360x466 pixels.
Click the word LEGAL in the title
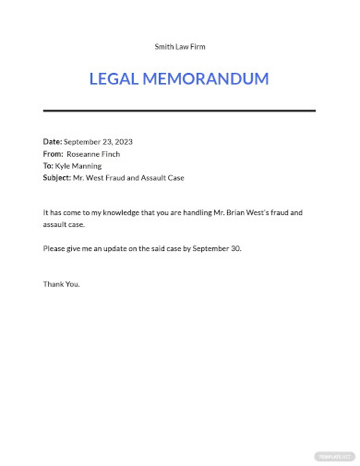(114, 79)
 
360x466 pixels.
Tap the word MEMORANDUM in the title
(205, 79)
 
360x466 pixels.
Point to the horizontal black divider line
(179, 111)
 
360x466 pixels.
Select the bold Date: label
(53, 141)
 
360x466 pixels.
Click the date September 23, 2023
(99, 141)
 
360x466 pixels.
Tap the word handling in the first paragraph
(208, 212)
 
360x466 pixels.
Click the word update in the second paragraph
(120, 249)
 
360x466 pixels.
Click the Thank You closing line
(62, 283)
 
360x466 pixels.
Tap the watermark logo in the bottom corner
(332, 455)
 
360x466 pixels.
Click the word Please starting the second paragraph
(54, 249)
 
